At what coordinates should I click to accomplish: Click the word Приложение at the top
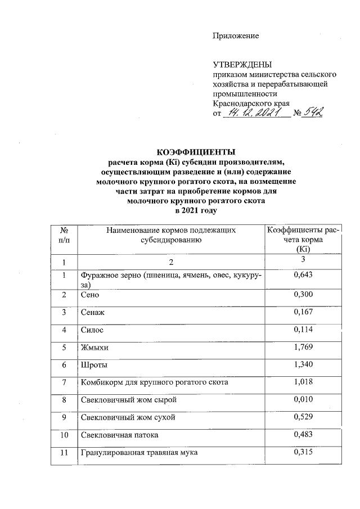tap(236, 36)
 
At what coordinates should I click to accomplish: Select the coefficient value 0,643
tap(303, 274)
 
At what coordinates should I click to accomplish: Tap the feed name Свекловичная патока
tap(120, 436)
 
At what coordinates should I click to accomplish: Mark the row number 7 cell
tap(64, 383)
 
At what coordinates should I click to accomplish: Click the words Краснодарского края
tap(251, 104)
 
